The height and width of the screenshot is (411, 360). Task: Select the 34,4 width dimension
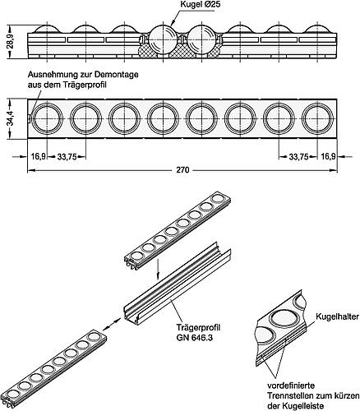point(9,120)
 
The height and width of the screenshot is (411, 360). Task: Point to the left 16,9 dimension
point(38,155)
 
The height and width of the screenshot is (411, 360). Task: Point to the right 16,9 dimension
point(327,155)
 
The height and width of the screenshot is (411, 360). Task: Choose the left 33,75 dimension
point(67,155)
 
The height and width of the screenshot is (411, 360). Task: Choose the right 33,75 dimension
point(293,155)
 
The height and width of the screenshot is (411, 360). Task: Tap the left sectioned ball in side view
point(162,41)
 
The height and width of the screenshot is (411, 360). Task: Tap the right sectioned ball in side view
point(201,41)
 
